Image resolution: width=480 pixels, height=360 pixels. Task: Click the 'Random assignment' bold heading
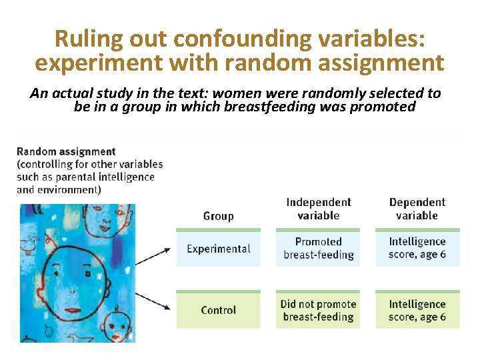(66, 152)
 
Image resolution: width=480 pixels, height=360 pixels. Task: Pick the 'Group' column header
(218, 215)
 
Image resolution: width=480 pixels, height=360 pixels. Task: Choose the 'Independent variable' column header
(318, 209)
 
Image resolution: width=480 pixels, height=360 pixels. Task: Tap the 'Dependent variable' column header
(417, 209)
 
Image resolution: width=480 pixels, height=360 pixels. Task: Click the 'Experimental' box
(218, 249)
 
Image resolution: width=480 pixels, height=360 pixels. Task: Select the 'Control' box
(218, 310)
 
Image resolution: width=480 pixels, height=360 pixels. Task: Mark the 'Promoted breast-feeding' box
(318, 248)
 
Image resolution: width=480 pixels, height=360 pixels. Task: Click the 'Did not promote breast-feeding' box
(318, 310)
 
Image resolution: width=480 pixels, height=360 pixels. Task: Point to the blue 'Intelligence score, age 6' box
(417, 248)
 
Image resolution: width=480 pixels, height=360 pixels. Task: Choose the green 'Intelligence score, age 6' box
(417, 310)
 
